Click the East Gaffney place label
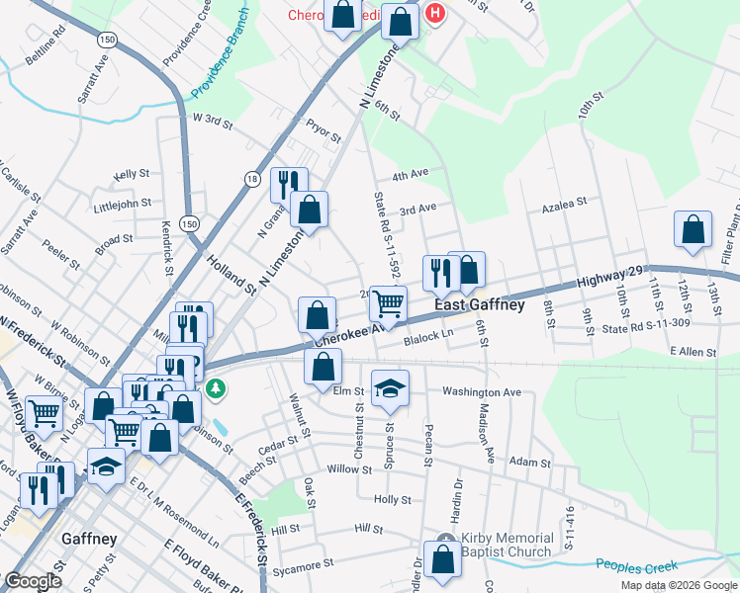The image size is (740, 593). (480, 305)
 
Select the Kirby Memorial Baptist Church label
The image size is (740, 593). (506, 545)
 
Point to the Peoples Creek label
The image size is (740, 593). (637, 566)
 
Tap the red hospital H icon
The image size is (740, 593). (433, 14)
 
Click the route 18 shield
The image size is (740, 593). (252, 178)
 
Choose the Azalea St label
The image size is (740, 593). (563, 201)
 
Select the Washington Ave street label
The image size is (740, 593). (481, 392)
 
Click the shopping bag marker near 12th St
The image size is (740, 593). (694, 229)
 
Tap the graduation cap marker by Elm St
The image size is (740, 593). (391, 388)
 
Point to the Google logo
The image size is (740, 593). (35, 581)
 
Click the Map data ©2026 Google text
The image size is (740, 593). (678, 585)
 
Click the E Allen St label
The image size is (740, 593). (692, 351)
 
